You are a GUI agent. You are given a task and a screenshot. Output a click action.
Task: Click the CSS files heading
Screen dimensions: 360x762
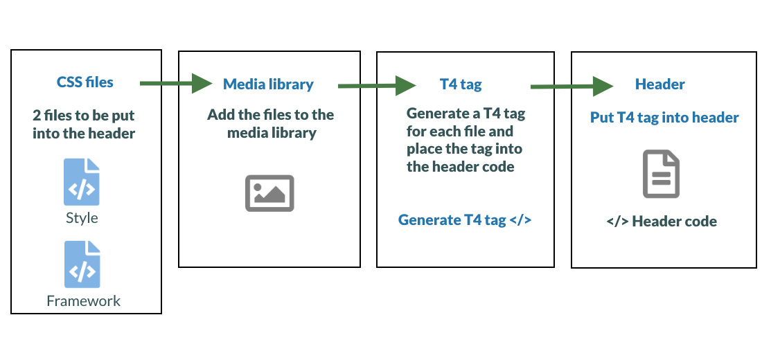click(85, 82)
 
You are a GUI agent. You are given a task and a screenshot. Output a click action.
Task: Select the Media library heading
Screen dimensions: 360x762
click(268, 84)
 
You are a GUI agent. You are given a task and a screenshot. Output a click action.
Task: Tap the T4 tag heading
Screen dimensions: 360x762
click(461, 84)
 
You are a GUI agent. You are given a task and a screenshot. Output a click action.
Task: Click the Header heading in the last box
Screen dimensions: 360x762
click(659, 84)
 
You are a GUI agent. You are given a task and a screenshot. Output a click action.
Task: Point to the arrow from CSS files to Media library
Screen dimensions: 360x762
click(176, 83)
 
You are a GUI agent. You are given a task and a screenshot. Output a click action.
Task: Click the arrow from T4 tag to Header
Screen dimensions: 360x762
click(571, 87)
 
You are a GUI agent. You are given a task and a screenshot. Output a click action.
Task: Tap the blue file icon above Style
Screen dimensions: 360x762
click(82, 182)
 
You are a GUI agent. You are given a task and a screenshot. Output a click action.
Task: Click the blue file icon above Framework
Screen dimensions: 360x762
click(82, 264)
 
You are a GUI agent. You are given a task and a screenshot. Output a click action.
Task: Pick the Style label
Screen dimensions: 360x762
click(82, 218)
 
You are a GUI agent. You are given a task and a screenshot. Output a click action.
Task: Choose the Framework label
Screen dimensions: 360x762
click(84, 300)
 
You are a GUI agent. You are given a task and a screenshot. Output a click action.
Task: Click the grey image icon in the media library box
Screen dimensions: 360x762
click(269, 192)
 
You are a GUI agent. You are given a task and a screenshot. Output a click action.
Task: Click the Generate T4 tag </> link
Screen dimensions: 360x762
click(465, 220)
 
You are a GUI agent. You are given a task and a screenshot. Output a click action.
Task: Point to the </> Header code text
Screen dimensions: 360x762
click(662, 222)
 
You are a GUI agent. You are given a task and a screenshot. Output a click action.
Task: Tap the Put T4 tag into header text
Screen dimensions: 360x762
click(664, 118)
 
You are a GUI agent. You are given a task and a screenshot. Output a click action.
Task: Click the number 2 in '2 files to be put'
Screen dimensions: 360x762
click(37, 115)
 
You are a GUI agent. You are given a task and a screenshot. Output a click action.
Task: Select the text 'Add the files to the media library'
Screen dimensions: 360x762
click(270, 123)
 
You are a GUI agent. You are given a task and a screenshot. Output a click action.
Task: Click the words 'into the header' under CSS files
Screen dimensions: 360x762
click(85, 132)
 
